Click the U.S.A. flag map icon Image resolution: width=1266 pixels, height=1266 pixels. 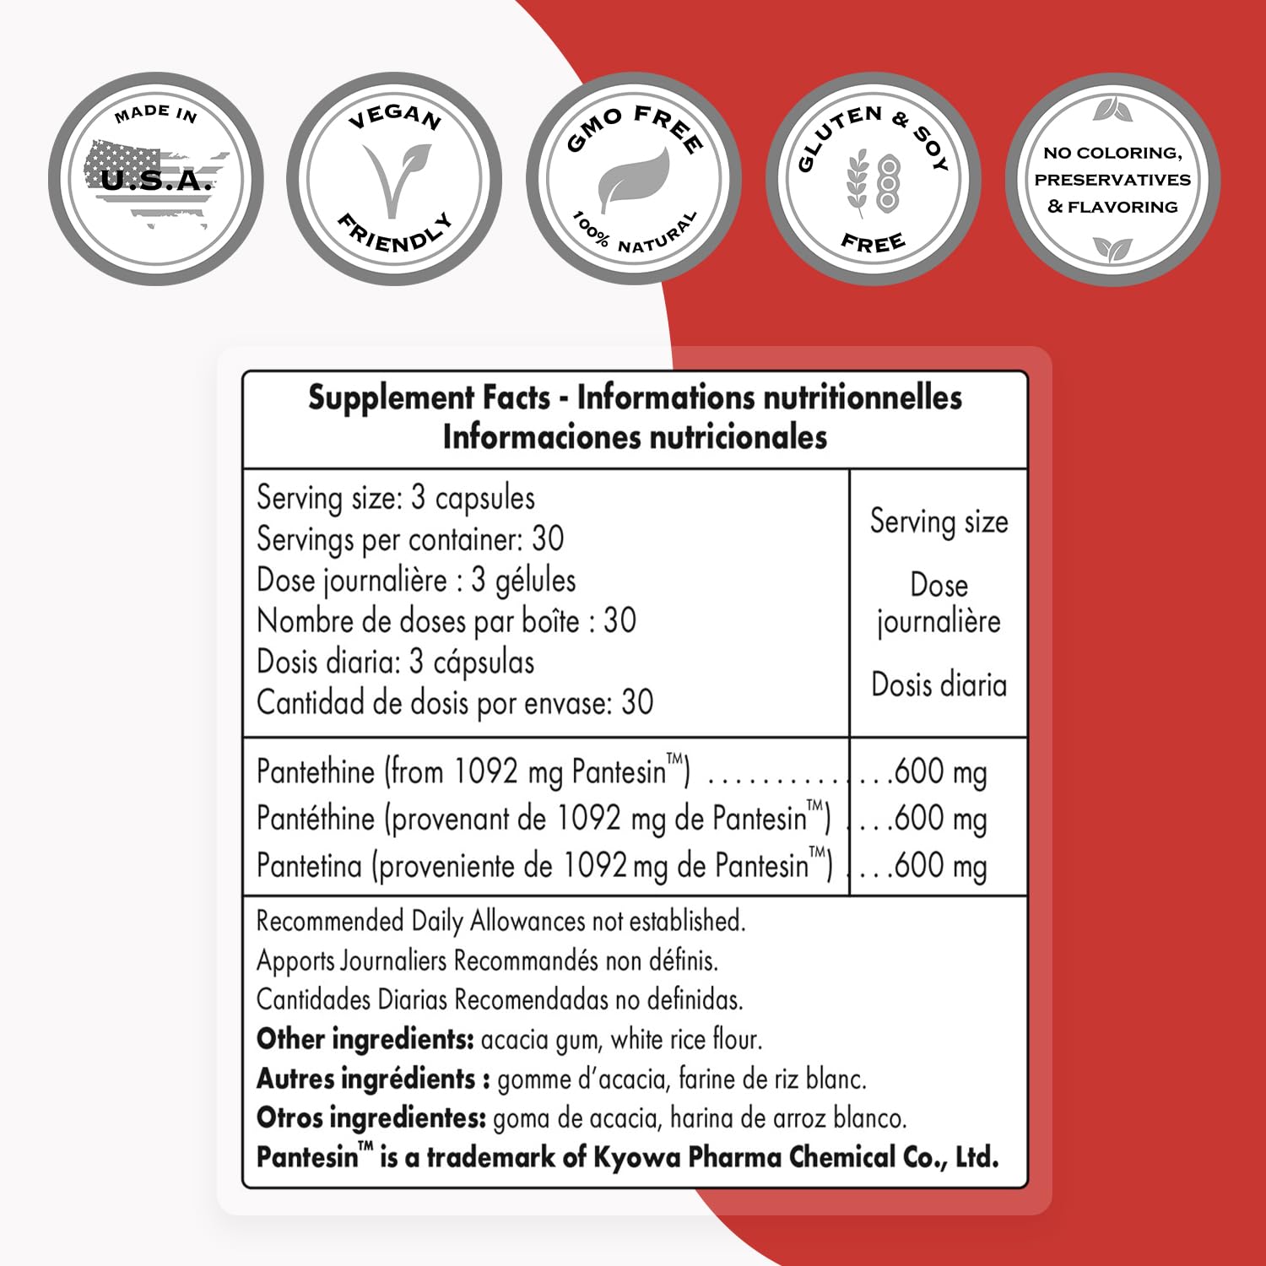point(156,181)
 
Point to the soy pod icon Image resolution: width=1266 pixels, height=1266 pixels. point(888,181)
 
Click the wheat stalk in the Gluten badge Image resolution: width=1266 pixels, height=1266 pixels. point(858,181)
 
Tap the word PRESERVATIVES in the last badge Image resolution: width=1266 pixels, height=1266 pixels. point(1112,180)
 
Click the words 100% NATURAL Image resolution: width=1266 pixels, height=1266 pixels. point(635,235)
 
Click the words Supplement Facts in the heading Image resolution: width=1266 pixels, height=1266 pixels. point(429,397)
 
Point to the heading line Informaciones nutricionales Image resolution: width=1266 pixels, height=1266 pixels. point(635,437)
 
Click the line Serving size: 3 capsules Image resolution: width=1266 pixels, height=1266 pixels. point(396,498)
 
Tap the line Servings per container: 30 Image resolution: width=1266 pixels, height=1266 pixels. point(410,539)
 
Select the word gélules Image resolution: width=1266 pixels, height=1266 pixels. point(535,581)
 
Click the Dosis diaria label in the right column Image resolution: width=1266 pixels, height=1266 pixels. point(939,684)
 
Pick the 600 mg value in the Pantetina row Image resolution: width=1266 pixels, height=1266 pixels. point(939,866)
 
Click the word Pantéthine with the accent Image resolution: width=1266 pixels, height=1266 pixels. point(316,819)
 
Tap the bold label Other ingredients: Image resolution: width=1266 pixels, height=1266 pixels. point(365,1039)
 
